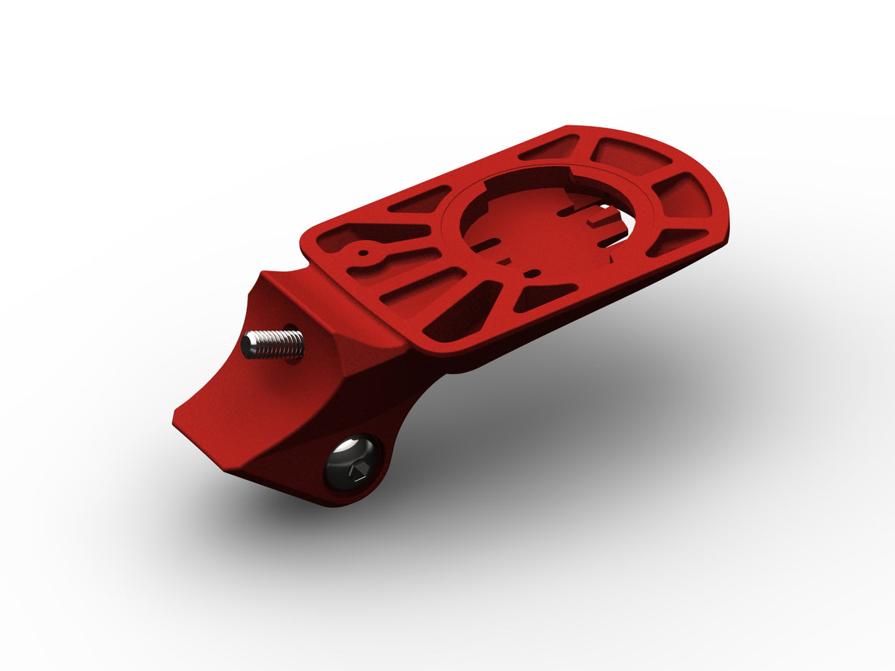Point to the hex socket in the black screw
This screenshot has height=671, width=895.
tap(357, 472)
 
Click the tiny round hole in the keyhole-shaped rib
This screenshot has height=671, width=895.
tap(362, 252)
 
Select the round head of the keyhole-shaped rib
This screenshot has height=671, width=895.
tap(362, 252)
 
